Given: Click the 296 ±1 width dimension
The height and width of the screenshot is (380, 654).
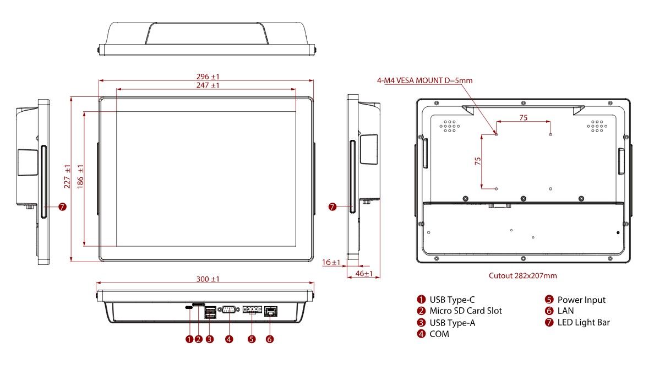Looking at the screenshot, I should [x=207, y=76].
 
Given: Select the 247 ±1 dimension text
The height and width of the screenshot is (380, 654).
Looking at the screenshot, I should [x=207, y=85].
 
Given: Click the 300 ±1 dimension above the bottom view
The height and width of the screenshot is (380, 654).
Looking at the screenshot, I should [x=208, y=279].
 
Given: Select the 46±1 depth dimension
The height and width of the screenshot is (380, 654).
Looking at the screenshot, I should [x=364, y=274].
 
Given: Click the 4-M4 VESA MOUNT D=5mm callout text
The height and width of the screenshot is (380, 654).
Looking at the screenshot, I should [x=424, y=80].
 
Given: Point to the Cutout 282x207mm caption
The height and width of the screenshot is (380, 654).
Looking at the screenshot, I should [x=522, y=276].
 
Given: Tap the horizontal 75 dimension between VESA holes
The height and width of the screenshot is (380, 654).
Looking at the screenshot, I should [x=523, y=117].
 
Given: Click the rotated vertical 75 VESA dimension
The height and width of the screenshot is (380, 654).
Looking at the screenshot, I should [x=477, y=161].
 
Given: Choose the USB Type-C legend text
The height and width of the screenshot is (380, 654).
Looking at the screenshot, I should [x=451, y=300].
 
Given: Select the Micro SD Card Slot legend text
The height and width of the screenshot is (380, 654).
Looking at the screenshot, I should [x=465, y=311].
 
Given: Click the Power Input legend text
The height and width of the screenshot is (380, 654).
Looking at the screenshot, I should [x=581, y=300].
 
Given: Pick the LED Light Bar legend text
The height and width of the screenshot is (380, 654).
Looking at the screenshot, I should [x=584, y=323].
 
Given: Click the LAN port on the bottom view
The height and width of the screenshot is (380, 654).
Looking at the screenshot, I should [x=270, y=311].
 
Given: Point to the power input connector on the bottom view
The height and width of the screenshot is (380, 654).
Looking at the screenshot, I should [x=252, y=311].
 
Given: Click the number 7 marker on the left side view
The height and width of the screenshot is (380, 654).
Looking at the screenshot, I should [x=62, y=207].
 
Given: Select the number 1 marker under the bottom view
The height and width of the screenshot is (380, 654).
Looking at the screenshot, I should [x=189, y=339].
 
